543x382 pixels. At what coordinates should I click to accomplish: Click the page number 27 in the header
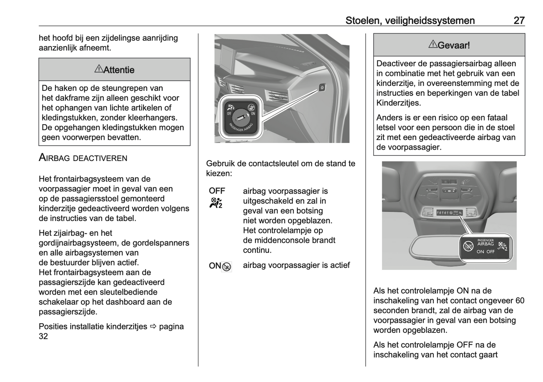(519, 21)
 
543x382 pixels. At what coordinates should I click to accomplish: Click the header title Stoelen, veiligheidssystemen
(410, 21)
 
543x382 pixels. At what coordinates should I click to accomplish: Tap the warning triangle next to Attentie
(98, 69)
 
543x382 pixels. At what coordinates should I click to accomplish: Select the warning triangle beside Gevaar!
(433, 45)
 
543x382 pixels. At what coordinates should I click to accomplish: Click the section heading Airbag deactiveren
(83, 158)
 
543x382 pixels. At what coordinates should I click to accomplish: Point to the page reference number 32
(43, 336)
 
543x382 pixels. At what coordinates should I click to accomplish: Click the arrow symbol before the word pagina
(153, 326)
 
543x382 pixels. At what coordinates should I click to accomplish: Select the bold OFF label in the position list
(217, 191)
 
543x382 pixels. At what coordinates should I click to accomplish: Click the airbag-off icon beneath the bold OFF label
(216, 203)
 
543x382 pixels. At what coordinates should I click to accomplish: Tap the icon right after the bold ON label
(227, 267)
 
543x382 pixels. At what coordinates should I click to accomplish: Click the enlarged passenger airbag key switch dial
(240, 117)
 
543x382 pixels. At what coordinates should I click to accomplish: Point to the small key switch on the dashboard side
(322, 88)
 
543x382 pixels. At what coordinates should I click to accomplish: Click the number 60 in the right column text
(520, 301)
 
